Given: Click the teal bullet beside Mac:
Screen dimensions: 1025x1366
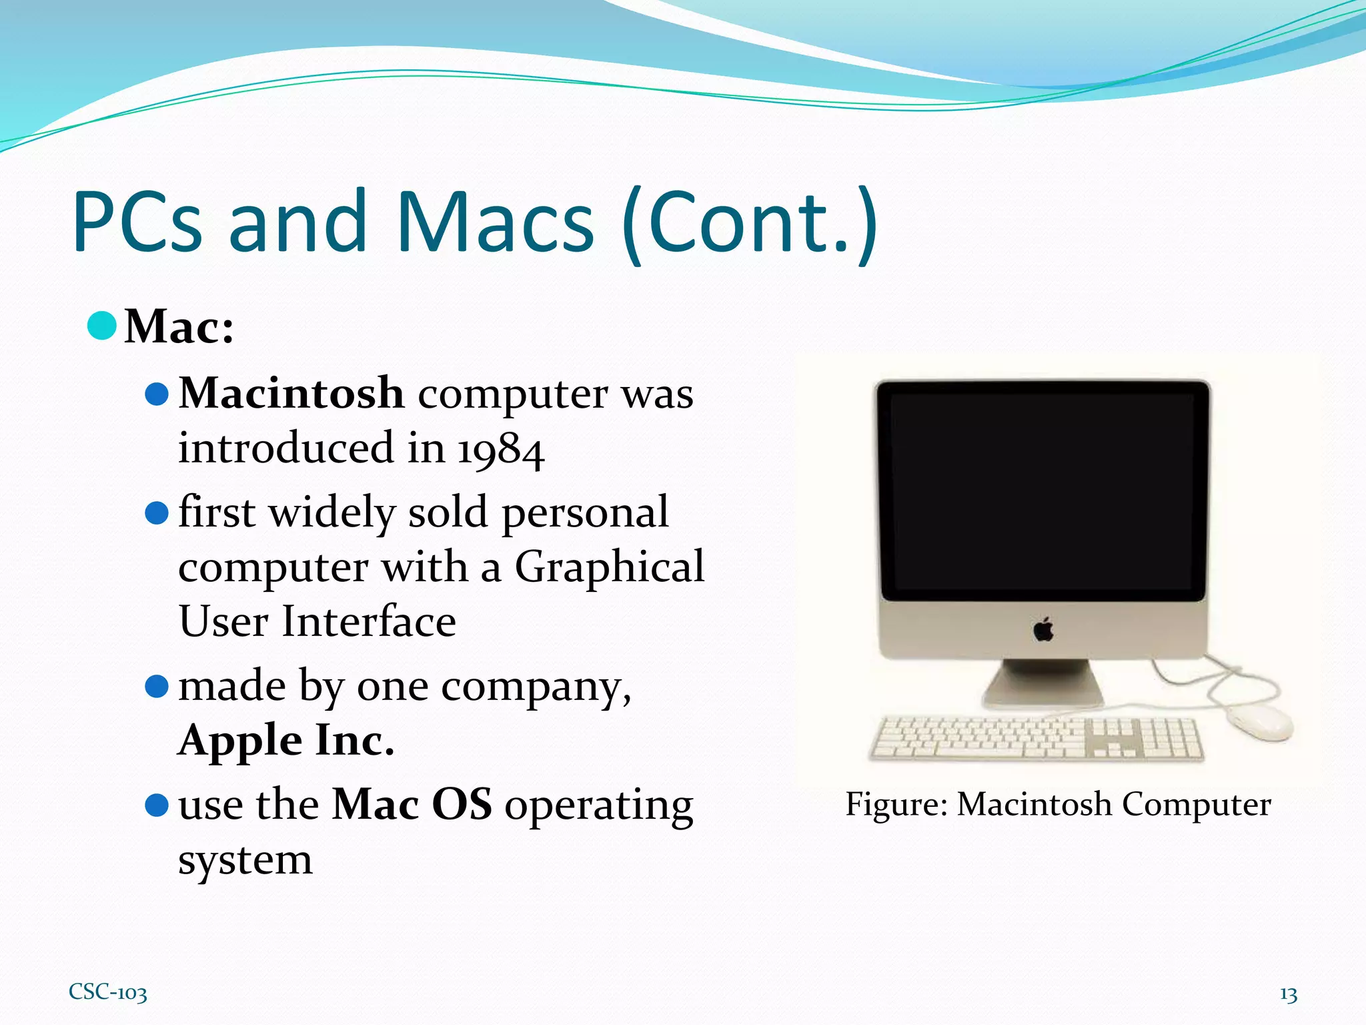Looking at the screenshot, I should (102, 326).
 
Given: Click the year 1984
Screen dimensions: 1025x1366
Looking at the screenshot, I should (500, 450).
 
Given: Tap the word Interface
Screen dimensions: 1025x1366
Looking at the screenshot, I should (369, 622).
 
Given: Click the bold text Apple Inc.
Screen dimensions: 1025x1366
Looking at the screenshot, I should (286, 740).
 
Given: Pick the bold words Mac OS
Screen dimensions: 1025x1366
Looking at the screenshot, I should (412, 804).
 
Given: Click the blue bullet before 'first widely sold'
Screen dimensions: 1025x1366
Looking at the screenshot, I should (157, 513).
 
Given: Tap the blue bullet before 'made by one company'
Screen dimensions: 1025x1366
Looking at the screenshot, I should (157, 686).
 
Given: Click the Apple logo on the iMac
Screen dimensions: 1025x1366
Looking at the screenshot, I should (1044, 629).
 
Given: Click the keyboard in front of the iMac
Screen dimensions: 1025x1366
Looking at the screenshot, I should (1037, 739).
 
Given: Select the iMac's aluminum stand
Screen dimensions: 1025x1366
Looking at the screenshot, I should (1043, 684).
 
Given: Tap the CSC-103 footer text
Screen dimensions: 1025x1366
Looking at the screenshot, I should (108, 992).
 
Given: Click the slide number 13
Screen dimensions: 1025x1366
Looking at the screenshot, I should (1288, 995).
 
